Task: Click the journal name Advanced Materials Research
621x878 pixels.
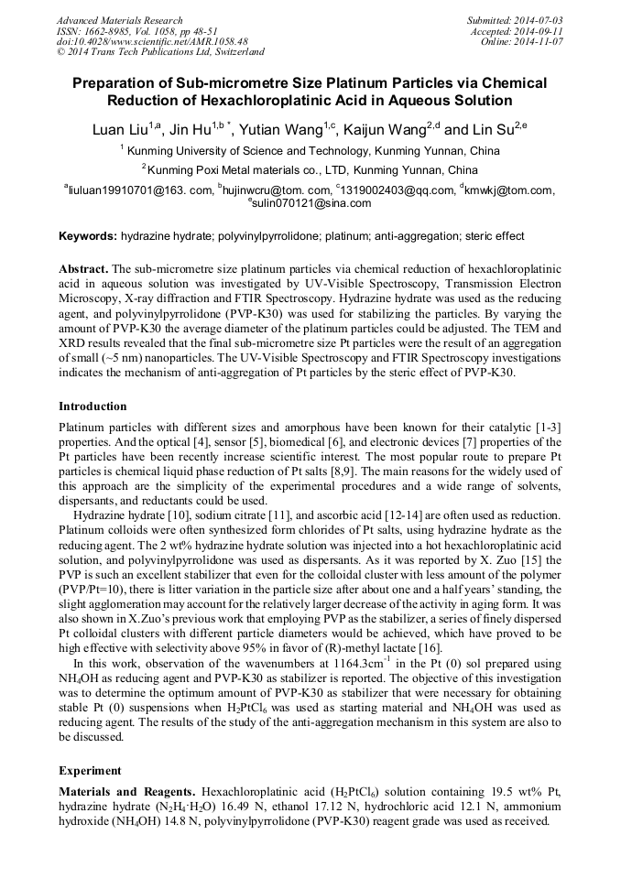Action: [x=119, y=20]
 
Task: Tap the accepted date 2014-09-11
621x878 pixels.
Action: [x=541, y=31]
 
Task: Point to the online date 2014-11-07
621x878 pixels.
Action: [x=542, y=42]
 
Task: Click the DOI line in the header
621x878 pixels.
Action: [x=152, y=42]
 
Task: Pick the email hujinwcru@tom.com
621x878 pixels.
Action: [x=276, y=190]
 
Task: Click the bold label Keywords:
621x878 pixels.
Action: [x=88, y=236]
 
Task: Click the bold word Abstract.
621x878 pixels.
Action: [x=83, y=269]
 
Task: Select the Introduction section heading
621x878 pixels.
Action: [x=93, y=406]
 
